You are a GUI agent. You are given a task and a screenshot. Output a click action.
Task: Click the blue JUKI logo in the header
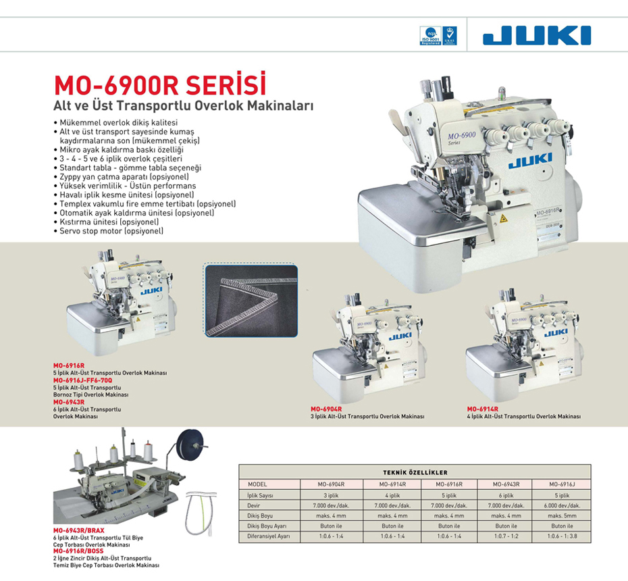click(537, 35)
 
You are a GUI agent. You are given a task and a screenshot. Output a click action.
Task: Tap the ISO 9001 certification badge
click(430, 36)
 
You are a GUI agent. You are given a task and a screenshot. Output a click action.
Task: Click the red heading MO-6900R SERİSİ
click(160, 84)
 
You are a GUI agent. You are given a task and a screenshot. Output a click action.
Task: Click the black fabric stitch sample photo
click(251, 301)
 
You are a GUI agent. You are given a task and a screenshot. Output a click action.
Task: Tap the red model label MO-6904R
click(326, 409)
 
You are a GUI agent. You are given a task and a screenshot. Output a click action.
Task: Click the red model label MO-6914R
click(483, 409)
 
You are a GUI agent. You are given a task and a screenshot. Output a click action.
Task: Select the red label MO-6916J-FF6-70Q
click(83, 380)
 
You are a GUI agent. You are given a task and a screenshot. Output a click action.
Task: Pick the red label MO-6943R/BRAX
click(79, 530)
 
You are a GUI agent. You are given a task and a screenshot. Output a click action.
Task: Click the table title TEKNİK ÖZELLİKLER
click(415, 472)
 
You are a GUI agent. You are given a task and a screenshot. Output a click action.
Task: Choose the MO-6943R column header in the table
click(506, 484)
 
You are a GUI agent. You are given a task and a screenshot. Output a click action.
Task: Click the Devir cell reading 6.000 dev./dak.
click(562, 505)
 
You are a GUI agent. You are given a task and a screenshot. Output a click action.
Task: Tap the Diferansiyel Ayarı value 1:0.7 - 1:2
click(506, 536)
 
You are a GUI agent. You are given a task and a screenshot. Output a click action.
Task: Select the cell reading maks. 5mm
click(562, 515)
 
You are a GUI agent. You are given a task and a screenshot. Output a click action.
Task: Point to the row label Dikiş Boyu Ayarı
click(267, 526)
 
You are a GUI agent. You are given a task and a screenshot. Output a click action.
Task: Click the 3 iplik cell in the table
click(332, 495)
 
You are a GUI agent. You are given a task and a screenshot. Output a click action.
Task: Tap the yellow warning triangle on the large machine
click(503, 219)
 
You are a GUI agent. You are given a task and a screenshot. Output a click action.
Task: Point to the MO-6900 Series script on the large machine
click(461, 137)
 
